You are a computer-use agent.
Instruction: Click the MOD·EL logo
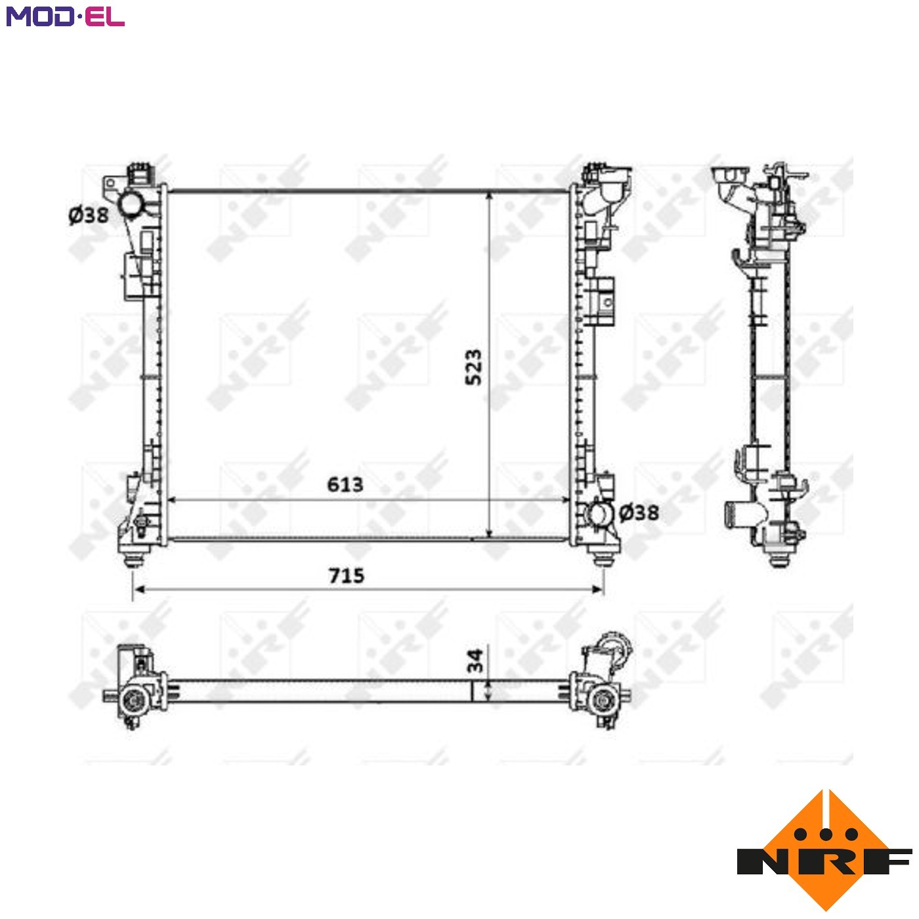[66, 16]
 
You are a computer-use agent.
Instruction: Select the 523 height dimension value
[473, 367]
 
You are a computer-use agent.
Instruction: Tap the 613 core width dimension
[345, 484]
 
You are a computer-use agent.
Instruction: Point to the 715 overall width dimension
[346, 576]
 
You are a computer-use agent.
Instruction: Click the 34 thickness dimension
[475, 660]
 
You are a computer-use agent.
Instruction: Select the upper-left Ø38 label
[89, 215]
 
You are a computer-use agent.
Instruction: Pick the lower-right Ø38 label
[639, 513]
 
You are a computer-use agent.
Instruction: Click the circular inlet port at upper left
[130, 204]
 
